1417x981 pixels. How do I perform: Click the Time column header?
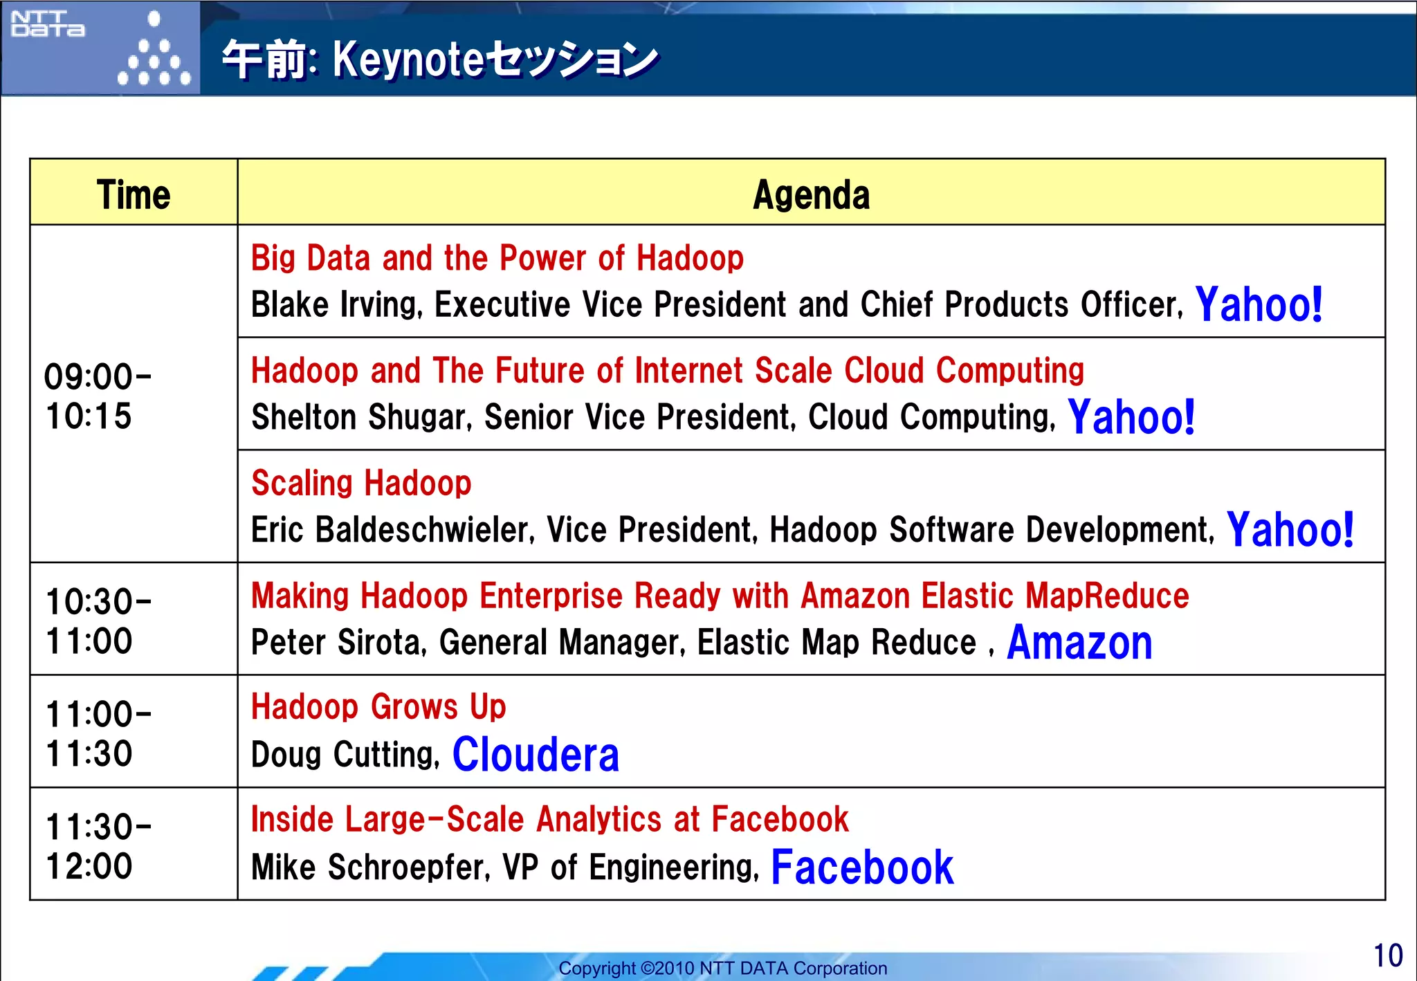point(134,194)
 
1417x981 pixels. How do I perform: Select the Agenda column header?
point(811,194)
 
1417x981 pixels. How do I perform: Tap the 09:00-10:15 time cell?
point(98,396)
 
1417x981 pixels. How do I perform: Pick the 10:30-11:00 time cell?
point(98,621)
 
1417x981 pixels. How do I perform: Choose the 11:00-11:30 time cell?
point(98,733)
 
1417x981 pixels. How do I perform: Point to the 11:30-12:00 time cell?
point(98,846)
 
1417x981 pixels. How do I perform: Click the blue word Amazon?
point(1079,643)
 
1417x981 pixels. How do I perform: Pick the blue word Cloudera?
point(536,754)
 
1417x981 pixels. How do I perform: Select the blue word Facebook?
point(862,867)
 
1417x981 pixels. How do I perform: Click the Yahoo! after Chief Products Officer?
point(1259,304)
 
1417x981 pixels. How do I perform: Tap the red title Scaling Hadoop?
point(361,483)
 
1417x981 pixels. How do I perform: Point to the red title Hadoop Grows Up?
point(378,707)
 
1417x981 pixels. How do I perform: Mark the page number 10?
point(1387,955)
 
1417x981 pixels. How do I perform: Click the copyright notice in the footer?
point(722,968)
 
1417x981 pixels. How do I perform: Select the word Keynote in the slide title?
point(408,59)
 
